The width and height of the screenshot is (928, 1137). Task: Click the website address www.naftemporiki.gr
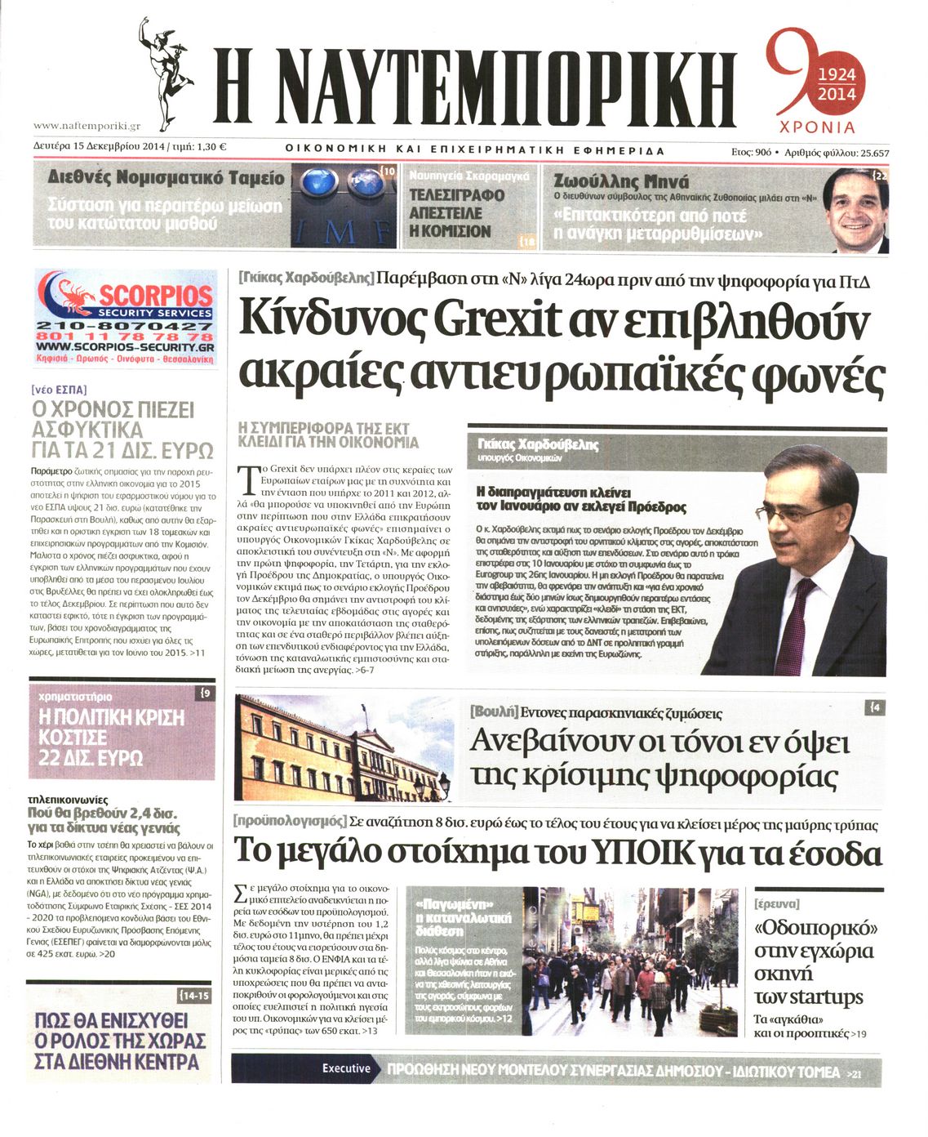pyautogui.click(x=87, y=126)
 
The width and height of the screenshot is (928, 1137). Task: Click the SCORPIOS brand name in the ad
pyautogui.click(x=155, y=295)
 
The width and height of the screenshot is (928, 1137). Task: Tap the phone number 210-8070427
pyautogui.click(x=126, y=326)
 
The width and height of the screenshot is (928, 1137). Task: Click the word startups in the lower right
pyautogui.click(x=828, y=997)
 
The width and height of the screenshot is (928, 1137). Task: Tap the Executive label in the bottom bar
pyautogui.click(x=345, y=1068)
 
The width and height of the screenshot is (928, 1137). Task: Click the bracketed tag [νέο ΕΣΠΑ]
pyautogui.click(x=59, y=390)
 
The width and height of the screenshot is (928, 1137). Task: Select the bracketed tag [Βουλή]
pyautogui.click(x=495, y=711)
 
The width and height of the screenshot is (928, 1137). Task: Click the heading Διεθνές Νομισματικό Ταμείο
pyautogui.click(x=167, y=178)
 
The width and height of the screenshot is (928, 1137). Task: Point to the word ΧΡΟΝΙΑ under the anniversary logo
pyautogui.click(x=817, y=127)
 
